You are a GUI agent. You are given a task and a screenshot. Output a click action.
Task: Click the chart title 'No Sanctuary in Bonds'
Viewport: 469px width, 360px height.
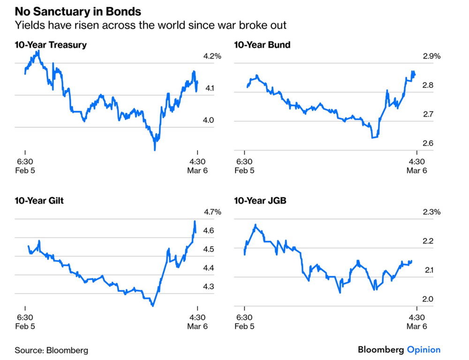(x=78, y=11)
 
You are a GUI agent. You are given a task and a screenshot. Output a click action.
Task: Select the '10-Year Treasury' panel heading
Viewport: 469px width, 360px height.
(x=50, y=45)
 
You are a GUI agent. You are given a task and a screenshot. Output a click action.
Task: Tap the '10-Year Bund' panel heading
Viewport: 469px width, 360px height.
(x=262, y=45)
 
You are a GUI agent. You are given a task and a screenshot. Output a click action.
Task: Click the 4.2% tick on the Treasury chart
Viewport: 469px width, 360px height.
(x=212, y=56)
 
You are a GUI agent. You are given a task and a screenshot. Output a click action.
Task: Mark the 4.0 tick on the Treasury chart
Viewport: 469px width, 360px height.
(x=208, y=120)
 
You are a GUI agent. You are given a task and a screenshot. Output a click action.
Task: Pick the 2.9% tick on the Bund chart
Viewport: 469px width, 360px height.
(x=431, y=56)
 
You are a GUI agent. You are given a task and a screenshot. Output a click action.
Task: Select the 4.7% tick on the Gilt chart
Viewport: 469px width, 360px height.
(x=212, y=212)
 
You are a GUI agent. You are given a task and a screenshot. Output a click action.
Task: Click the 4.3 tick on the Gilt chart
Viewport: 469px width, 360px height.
(x=208, y=286)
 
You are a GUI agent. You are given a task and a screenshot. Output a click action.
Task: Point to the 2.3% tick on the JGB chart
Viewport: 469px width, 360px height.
(x=431, y=212)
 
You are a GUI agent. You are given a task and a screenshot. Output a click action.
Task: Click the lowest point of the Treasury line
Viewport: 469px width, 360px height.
(x=155, y=150)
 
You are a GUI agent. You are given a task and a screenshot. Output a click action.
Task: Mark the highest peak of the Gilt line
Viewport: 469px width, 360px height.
(x=195, y=221)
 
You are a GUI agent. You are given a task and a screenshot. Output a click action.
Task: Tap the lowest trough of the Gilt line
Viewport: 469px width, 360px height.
(x=152, y=306)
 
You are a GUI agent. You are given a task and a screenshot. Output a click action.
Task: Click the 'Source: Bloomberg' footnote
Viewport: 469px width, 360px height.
(x=51, y=350)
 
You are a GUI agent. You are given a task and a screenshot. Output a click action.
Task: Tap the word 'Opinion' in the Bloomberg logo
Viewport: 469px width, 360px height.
(x=424, y=350)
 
